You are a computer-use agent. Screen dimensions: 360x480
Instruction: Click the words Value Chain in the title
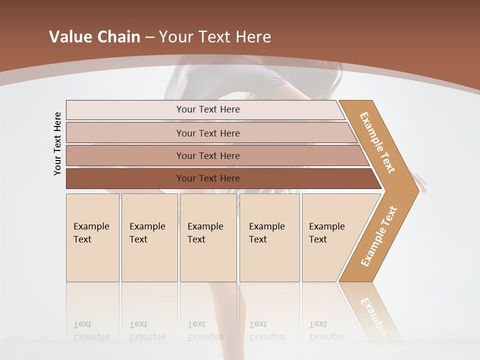point(94,37)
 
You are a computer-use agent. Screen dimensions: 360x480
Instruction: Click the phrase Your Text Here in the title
point(215,37)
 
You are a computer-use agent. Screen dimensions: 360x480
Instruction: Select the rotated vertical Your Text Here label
point(57,143)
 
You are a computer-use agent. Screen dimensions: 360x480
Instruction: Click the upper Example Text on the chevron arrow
point(377,142)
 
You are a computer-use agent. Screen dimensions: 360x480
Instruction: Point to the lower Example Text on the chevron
point(379,236)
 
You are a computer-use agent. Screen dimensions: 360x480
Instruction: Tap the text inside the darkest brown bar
point(208,178)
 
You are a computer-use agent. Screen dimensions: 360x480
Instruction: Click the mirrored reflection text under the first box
point(91,330)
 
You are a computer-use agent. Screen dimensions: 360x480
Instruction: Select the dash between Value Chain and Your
point(149,37)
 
